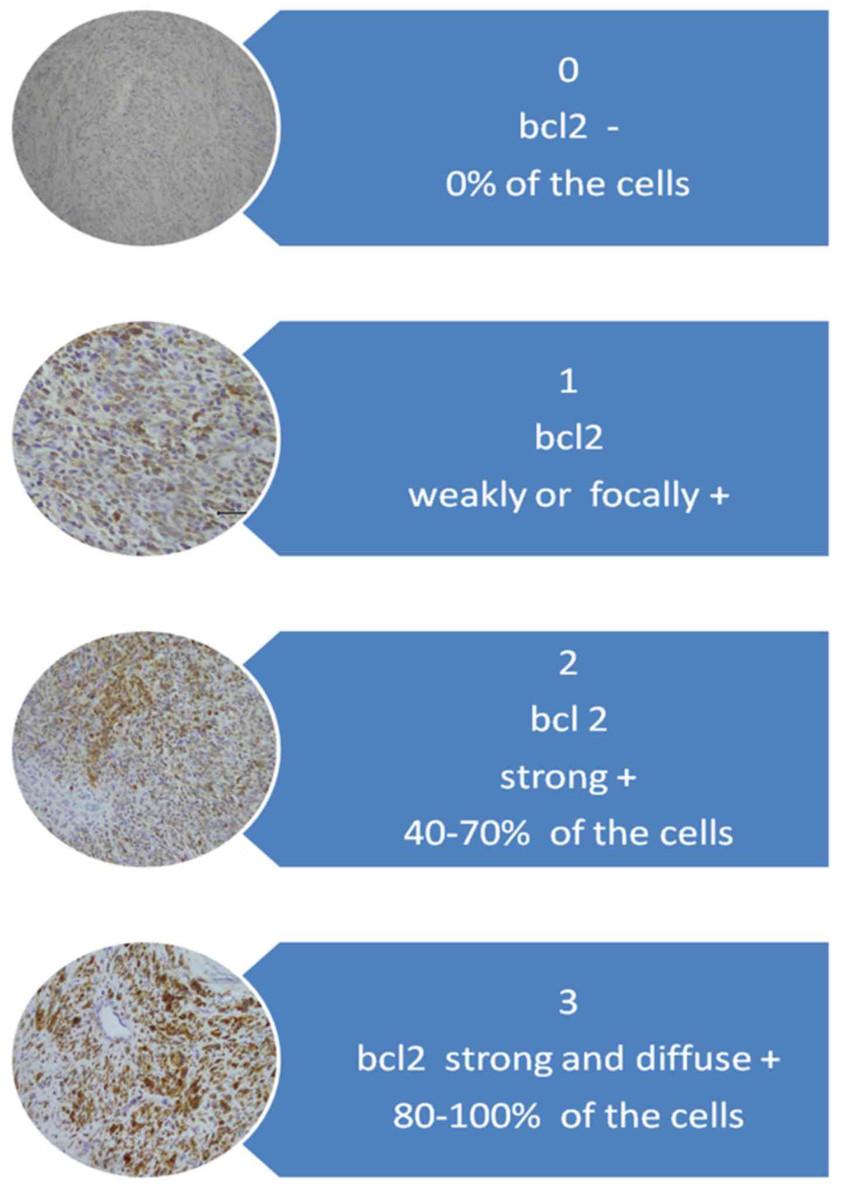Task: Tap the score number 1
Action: pos(568,383)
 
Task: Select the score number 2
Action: pos(568,664)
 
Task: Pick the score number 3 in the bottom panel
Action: pos(568,1002)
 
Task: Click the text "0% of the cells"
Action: pos(568,184)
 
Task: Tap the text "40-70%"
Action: pos(466,834)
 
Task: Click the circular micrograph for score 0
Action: pos(144,128)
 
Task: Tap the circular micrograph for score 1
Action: pos(144,439)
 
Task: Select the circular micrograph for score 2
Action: pos(144,749)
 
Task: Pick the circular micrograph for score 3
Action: pos(144,1060)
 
